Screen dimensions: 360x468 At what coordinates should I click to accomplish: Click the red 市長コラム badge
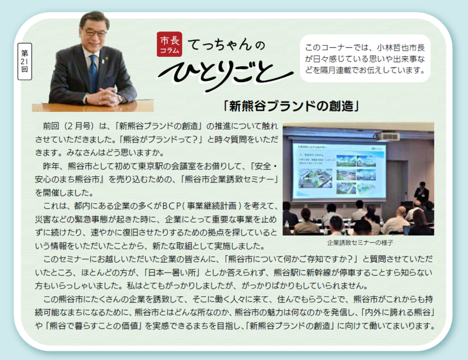pyautogui.click(x=171, y=45)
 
